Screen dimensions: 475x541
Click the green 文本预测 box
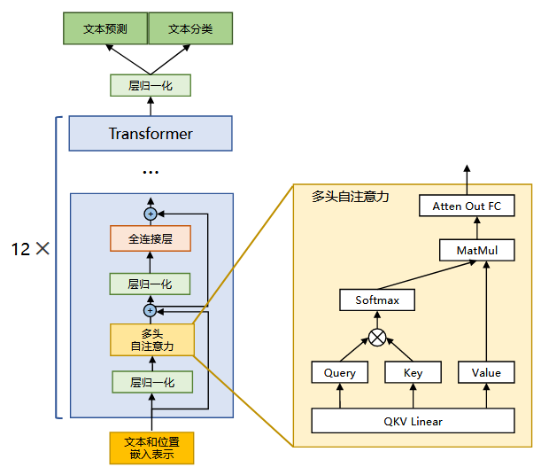pos(104,29)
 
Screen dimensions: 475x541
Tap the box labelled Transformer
pos(151,134)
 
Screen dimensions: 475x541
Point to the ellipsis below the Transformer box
pos(151,171)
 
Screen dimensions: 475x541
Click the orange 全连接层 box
pos(151,238)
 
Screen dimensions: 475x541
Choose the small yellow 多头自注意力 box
pos(151,339)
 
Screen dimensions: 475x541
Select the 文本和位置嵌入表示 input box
pos(151,448)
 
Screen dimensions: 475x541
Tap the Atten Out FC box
pos(467,206)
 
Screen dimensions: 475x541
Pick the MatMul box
pos(477,251)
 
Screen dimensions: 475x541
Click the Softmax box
pos(377,300)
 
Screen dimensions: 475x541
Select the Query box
pos(339,372)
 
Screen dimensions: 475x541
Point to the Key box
pos(413,372)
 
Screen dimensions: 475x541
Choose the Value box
pos(486,372)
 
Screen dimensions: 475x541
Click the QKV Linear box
pos(413,421)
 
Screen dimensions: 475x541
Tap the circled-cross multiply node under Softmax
pos(377,337)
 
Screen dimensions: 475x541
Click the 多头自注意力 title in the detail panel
pos(351,196)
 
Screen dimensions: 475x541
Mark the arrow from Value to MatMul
pos(486,310)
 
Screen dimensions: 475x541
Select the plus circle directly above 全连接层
pos(151,214)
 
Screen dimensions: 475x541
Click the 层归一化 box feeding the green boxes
pos(151,85)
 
